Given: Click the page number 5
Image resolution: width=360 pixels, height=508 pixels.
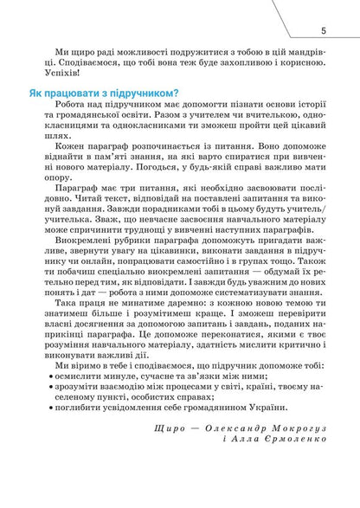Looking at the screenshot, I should pyautogui.click(x=323, y=31).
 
